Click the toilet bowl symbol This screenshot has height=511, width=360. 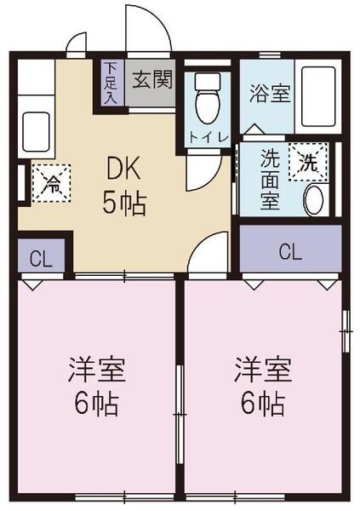pos(208,98)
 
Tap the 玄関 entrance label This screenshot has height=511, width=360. pos(151,79)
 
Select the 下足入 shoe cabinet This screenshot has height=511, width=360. pos(111,83)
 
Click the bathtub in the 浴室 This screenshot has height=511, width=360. pos(318,96)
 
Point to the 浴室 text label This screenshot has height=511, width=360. pos(270,93)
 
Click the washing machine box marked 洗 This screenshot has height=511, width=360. pos(308,163)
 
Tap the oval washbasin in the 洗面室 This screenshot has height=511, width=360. pos(313,199)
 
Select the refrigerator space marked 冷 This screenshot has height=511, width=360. pos(51,183)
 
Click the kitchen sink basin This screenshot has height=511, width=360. pos(36,131)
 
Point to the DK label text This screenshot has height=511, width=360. pos(123,168)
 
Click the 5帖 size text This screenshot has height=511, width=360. pos(123,203)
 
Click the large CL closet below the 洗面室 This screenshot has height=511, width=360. pos(290,248)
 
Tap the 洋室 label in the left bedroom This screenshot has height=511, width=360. pos(97,370)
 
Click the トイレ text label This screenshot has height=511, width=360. pos(208,138)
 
